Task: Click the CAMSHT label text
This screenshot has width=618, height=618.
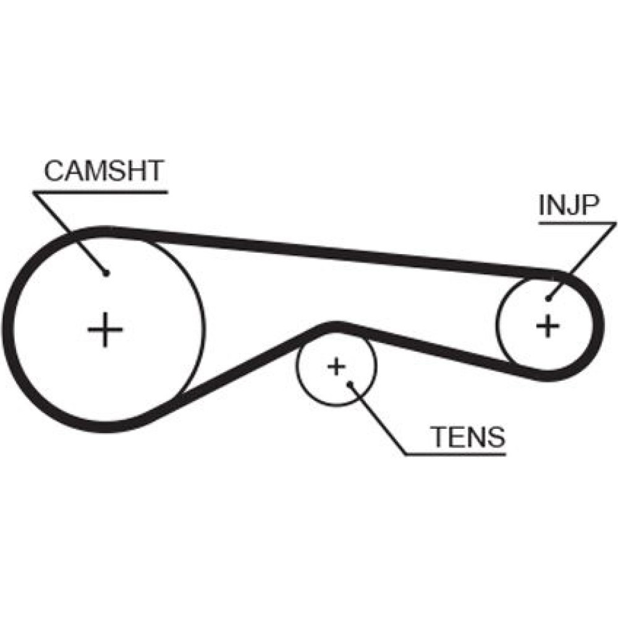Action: click(103, 171)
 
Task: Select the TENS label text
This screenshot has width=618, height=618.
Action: click(468, 437)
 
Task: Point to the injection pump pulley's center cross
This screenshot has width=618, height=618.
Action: click(548, 325)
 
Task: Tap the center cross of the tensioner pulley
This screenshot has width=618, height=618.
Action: click(336, 366)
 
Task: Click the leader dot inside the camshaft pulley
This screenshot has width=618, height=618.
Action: click(106, 273)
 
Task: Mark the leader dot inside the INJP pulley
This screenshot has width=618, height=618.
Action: click(548, 300)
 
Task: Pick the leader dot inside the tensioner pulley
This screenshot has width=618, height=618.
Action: click(350, 384)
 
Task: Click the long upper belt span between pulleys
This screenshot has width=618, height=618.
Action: click(346, 252)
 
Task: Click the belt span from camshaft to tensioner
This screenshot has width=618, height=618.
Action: click(241, 371)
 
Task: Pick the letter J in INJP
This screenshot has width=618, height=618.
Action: click(570, 207)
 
